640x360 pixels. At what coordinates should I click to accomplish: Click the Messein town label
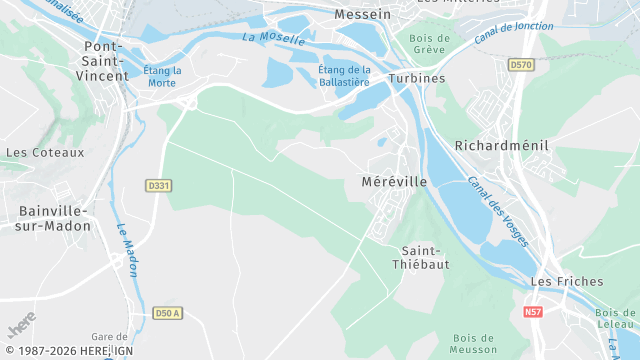363,16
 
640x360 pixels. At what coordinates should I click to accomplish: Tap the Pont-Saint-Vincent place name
107,61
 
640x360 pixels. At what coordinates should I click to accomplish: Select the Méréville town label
394,182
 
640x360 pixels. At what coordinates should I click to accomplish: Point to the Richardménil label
502,145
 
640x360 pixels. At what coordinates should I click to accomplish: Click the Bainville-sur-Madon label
54,218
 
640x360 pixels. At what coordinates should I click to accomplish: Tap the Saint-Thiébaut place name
424,258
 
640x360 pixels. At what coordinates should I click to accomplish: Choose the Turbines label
418,77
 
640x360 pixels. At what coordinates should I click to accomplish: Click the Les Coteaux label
31,153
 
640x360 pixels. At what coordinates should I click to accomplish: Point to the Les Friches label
558,283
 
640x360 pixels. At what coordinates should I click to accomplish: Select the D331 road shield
159,185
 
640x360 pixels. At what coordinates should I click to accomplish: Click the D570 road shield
520,65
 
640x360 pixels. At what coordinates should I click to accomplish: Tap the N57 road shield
534,312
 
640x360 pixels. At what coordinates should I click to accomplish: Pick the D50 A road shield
168,313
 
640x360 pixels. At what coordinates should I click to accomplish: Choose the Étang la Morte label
162,76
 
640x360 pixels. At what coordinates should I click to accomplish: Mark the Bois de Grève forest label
430,45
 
